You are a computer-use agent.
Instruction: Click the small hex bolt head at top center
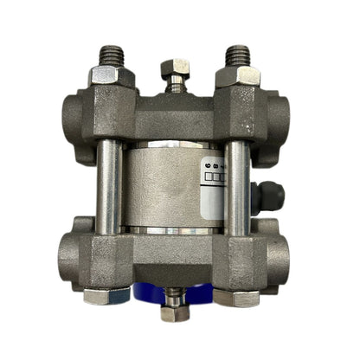tap(176, 67)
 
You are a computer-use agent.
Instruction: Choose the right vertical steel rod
tap(238, 185)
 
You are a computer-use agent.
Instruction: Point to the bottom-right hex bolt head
tap(239, 296)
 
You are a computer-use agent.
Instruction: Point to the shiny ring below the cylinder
tap(173, 231)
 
